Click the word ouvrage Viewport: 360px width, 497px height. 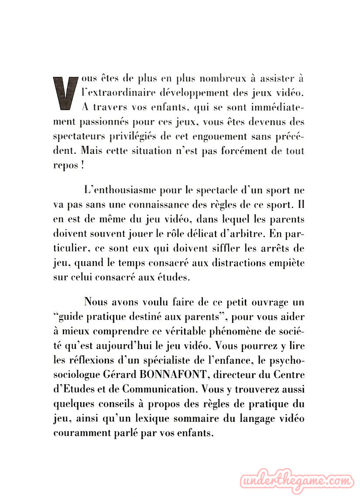[x=265, y=302]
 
